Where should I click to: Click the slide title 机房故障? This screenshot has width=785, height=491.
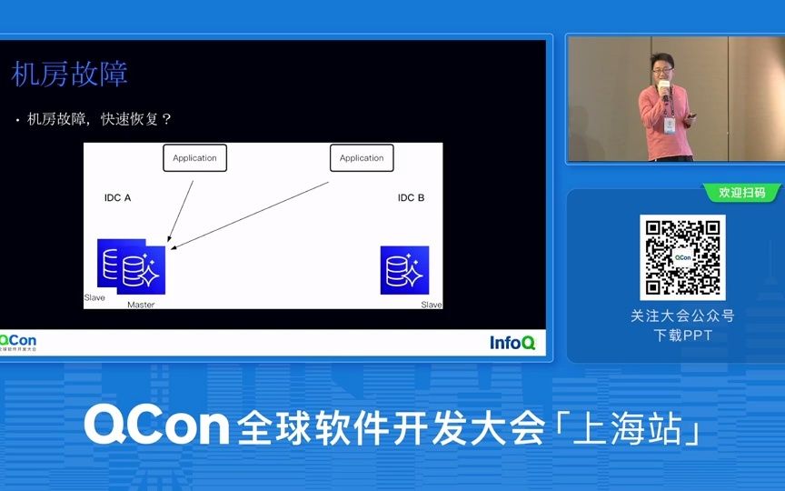click(x=69, y=74)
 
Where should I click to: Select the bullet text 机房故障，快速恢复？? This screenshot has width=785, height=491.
click(x=99, y=119)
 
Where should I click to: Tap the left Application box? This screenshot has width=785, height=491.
click(x=194, y=158)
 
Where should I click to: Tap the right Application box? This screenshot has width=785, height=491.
click(x=362, y=158)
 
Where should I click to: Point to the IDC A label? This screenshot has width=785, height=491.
click(x=118, y=197)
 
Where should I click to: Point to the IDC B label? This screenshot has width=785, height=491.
click(x=411, y=197)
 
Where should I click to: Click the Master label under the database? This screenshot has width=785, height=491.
click(x=141, y=305)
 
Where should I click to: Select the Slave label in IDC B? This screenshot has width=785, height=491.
click(x=432, y=305)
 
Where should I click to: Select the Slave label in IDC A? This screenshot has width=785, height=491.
click(x=94, y=297)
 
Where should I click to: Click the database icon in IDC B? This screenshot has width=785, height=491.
click(x=404, y=270)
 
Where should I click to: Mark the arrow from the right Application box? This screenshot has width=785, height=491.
click(x=250, y=214)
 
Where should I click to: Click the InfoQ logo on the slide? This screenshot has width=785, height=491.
click(x=512, y=342)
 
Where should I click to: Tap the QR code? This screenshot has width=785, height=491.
click(x=682, y=257)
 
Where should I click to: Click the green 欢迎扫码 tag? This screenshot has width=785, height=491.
click(x=741, y=193)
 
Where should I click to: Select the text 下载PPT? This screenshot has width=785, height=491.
click(x=683, y=335)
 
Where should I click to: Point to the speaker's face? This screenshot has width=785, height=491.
click(x=661, y=67)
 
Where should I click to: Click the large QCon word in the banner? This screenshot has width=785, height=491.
click(x=156, y=425)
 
